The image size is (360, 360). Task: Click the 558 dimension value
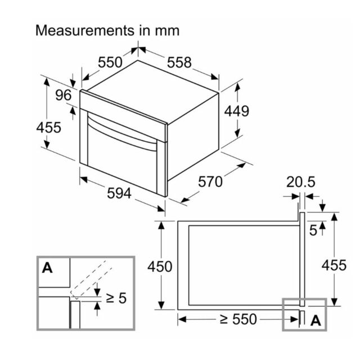(179, 62)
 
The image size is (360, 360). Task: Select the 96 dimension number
(64, 95)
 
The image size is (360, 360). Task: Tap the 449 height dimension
(236, 111)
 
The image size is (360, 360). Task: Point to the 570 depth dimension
(210, 182)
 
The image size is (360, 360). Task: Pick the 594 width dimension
(119, 193)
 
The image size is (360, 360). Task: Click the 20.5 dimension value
(301, 182)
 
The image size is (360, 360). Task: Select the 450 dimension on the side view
(160, 267)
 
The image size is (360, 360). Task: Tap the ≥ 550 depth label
(238, 319)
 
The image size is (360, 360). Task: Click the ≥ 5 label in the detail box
(116, 298)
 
